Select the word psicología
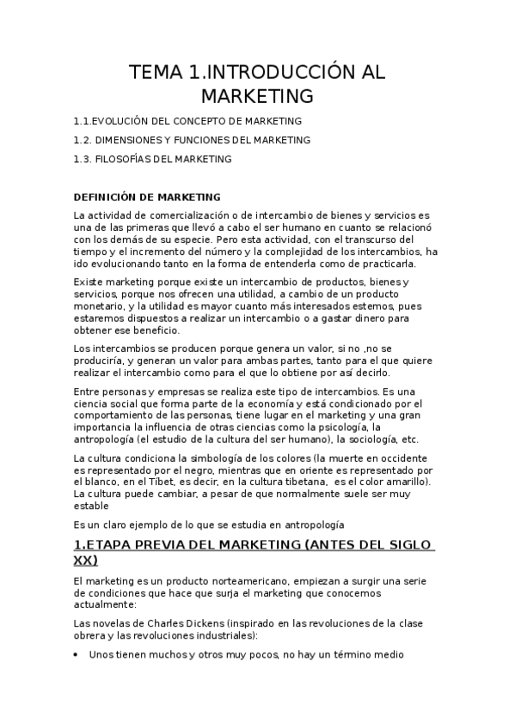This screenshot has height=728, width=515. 343,427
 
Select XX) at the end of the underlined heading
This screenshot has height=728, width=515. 86,560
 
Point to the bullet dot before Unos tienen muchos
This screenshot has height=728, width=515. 79,655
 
